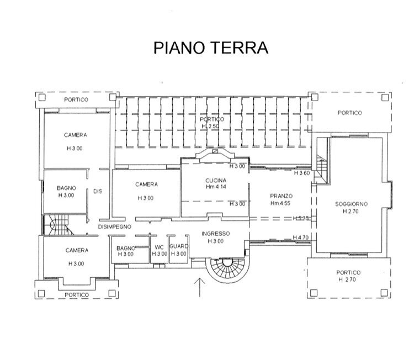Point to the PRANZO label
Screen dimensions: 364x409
click(281, 196)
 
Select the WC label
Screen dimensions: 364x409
click(159, 247)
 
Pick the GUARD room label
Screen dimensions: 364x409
click(179, 247)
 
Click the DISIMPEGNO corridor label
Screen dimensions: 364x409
click(114, 226)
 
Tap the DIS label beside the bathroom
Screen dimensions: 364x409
click(98, 192)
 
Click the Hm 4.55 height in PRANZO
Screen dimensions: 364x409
click(281, 203)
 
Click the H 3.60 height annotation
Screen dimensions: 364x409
click(301, 173)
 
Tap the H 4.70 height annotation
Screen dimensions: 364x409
click(301, 238)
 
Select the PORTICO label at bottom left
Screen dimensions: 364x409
click(76, 294)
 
